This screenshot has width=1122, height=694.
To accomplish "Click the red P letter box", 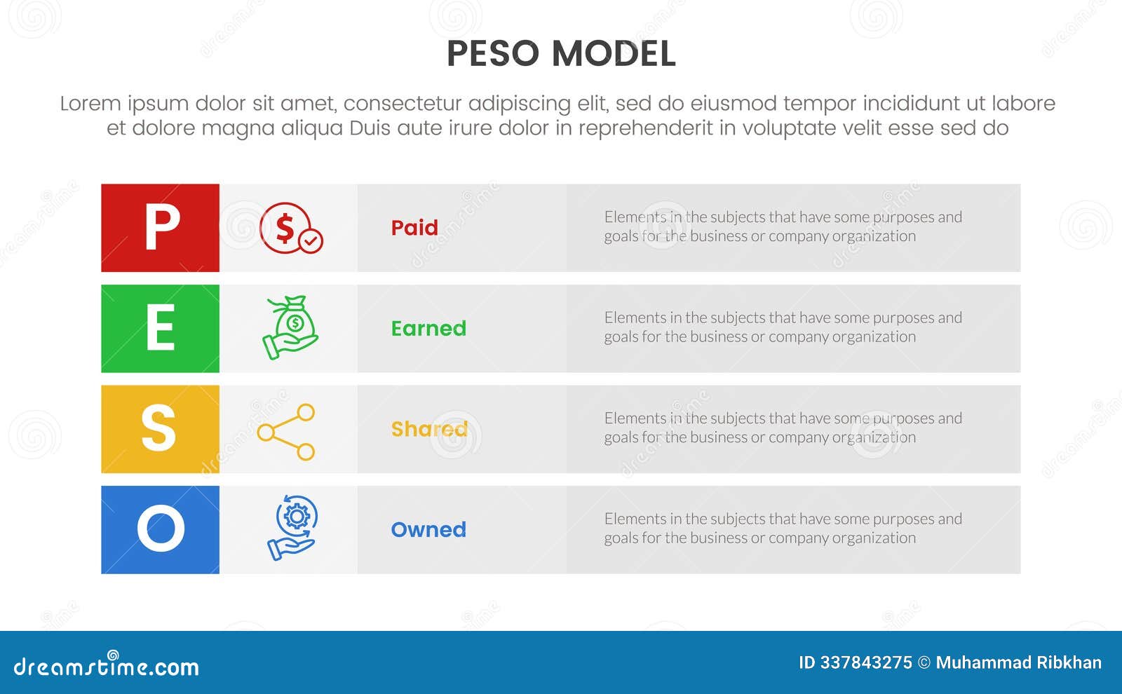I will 160,228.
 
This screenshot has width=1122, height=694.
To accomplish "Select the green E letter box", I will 160,328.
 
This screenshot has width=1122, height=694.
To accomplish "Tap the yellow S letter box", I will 160,428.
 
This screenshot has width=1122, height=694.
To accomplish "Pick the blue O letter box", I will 160,529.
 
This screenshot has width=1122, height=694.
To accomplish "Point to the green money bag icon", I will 291,327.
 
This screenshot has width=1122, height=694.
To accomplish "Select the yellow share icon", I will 287,432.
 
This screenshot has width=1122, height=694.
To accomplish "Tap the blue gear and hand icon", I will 292,528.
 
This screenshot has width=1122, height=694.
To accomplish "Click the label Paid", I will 414,228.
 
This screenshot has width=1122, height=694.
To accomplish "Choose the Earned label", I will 428,328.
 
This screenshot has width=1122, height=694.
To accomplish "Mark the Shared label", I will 429,428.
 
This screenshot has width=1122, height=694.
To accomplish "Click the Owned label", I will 428,529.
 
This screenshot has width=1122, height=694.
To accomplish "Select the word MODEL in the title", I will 614,54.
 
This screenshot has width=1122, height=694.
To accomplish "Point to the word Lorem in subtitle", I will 90,104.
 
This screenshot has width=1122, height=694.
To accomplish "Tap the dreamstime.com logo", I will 107,666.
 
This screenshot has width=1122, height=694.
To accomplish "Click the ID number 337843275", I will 866,662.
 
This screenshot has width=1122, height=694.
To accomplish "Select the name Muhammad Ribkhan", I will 1018,662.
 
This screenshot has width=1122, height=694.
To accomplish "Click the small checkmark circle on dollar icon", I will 311,241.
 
